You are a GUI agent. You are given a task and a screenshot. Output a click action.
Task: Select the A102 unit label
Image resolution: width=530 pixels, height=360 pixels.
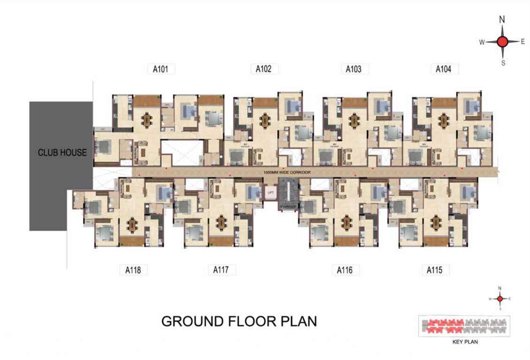coord(264,69)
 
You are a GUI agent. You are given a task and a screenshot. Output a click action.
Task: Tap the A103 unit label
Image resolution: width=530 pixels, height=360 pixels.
coord(354,69)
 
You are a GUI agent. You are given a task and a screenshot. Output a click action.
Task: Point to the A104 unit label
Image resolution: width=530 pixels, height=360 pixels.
coord(443,69)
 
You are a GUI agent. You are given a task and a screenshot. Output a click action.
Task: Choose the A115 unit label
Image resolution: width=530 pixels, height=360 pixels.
coord(435,270)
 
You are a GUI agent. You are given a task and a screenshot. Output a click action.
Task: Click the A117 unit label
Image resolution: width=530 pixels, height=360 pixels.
coord(221,270)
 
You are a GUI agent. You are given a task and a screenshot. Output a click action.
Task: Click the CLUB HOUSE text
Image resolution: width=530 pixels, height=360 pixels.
coord(62,152)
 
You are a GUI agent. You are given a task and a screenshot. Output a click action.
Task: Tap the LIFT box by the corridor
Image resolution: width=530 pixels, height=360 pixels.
coord(270,192)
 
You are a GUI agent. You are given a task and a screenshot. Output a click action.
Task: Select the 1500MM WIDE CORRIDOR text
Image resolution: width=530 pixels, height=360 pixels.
coord(288,172)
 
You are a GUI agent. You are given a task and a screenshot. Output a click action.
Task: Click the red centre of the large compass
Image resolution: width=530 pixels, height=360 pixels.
coord(502,42)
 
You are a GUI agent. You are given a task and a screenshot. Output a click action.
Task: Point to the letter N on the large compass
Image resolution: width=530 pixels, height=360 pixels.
coord(502,20)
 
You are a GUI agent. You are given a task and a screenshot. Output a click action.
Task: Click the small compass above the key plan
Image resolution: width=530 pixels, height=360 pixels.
coord(500,298)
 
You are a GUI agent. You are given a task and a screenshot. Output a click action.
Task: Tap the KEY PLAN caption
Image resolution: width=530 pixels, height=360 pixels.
coord(465,342)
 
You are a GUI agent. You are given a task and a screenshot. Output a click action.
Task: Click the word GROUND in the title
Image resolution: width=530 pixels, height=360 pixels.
coord(189,322)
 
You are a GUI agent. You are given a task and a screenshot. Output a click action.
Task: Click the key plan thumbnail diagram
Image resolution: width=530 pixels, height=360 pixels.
coord(464,326)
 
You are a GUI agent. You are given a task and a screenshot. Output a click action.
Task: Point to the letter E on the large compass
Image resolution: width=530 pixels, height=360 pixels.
coord(522,42)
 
